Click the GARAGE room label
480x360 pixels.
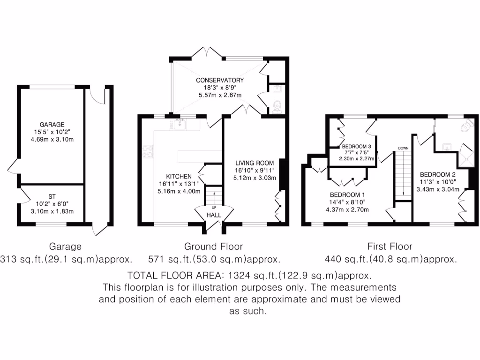pyautogui.click(x=52, y=125)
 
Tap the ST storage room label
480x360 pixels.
pyautogui.click(x=52, y=196)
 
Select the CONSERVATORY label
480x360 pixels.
pyautogui.click(x=220, y=80)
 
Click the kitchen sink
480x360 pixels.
pyautogui.click(x=180, y=124)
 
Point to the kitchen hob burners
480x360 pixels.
pyautogui.click(x=148, y=151)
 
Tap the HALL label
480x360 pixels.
pyautogui.click(x=214, y=215)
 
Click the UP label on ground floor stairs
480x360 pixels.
pyautogui.click(x=214, y=207)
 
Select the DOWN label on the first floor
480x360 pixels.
pyautogui.click(x=403, y=148)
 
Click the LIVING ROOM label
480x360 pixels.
pyautogui.click(x=255, y=163)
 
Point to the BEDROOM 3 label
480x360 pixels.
pyautogui.click(x=356, y=146)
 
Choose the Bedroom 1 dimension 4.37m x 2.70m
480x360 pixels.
pyautogui.click(x=347, y=210)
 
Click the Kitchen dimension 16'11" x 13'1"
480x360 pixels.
pyautogui.click(x=179, y=184)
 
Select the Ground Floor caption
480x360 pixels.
pyautogui.click(x=213, y=247)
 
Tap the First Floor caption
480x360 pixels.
pyautogui.click(x=390, y=247)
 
